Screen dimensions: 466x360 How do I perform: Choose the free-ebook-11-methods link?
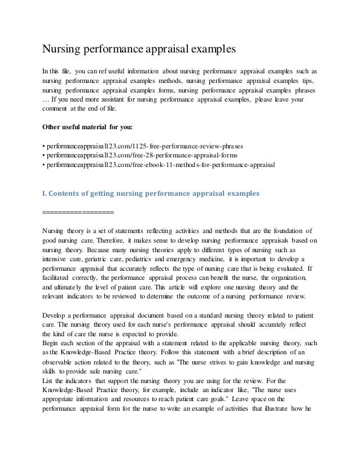158,165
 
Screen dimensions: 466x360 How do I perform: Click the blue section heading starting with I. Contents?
151,194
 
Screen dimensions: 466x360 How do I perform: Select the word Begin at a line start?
52,342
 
